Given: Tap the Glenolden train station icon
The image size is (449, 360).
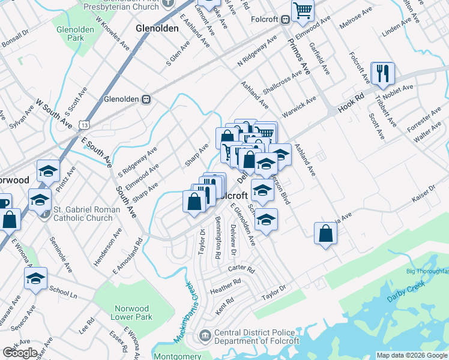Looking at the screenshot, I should click(x=145, y=99).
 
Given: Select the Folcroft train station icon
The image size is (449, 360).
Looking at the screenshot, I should click(x=285, y=19).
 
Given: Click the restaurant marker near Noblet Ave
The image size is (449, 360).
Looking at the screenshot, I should click(x=382, y=74).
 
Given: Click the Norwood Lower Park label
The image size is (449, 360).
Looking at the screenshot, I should click(x=133, y=313).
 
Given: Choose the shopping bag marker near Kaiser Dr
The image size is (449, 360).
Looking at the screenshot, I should click(x=325, y=233).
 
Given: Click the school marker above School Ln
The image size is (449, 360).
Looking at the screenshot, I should click(x=35, y=279).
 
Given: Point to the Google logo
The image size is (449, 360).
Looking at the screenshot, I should click(x=20, y=353).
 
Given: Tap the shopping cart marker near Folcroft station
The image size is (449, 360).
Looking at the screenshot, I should click(x=303, y=10).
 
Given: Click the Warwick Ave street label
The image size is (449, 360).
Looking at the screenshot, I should click(x=299, y=107).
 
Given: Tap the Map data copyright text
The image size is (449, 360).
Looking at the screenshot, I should click(x=412, y=355).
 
